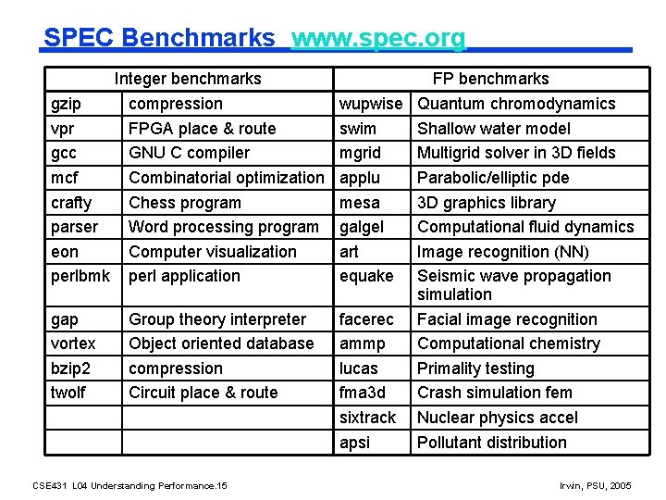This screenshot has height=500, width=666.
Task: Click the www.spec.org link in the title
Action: tap(378, 38)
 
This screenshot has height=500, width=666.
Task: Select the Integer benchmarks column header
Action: tap(188, 79)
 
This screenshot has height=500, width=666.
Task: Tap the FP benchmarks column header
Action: tap(490, 79)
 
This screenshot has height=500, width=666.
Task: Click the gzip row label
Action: tap(66, 104)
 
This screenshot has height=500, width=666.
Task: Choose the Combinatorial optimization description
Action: tap(226, 178)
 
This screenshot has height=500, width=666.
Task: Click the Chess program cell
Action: tap(184, 203)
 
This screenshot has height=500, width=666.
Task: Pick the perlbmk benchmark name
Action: tap(80, 276)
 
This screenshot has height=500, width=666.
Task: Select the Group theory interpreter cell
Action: tap(216, 319)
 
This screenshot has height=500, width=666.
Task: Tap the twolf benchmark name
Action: tap(68, 393)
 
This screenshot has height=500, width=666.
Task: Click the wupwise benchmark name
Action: tap(371, 104)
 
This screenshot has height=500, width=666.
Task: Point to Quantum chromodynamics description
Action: tap(515, 104)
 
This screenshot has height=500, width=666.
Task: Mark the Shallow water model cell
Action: tap(493, 129)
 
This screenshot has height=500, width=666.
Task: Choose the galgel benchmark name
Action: tap(362, 227)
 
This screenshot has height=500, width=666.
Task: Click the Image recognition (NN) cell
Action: tap(502, 252)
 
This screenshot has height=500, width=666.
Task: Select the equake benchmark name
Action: tap(366, 276)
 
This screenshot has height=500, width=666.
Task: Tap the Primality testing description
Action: tap(475, 369)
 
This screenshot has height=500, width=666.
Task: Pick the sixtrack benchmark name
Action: tap(367, 418)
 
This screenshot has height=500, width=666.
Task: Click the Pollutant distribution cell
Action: tap(491, 443)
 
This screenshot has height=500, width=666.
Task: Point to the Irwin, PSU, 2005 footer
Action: tap(597, 485)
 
